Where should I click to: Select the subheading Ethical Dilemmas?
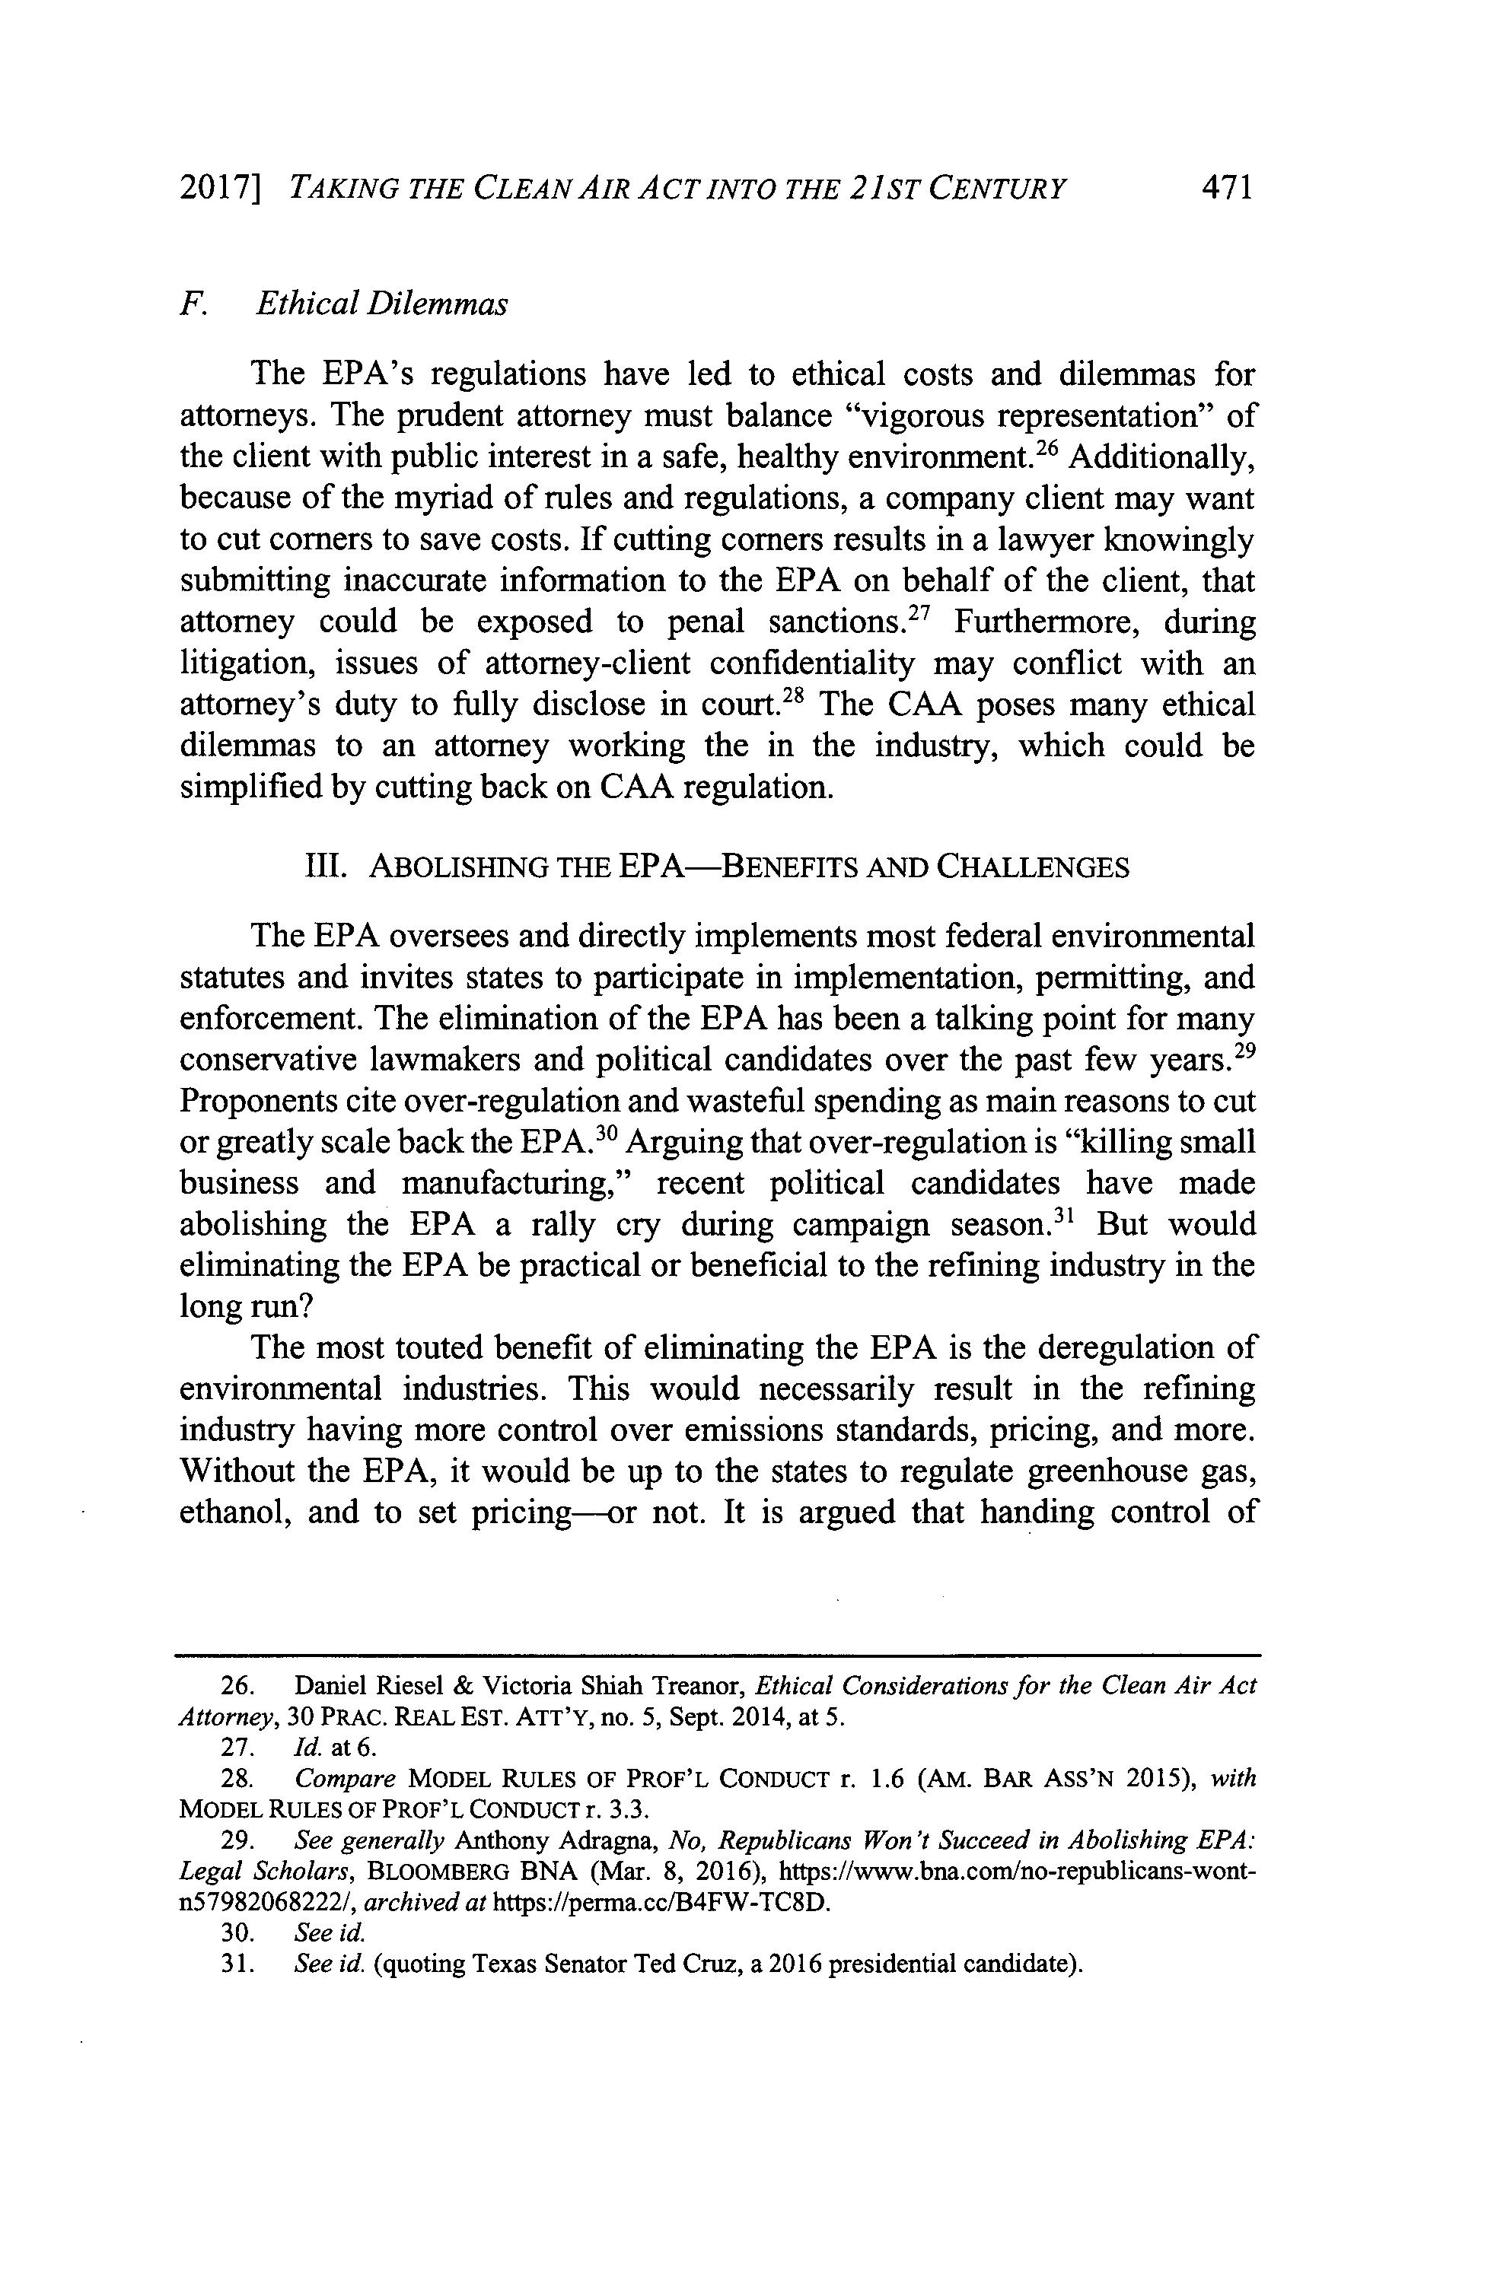point(381,304)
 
